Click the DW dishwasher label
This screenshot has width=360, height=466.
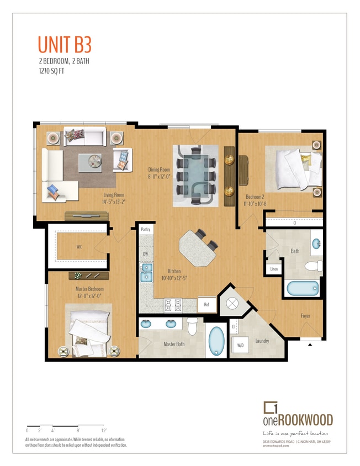pos(146,254)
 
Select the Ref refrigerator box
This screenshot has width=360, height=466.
pos(206,304)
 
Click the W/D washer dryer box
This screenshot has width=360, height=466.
pos(241,346)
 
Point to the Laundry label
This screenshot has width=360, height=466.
pos(262,341)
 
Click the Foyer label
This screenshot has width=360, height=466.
pos(305,316)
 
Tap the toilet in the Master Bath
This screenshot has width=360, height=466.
pos(192,326)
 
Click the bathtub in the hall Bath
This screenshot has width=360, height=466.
pos(302,288)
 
